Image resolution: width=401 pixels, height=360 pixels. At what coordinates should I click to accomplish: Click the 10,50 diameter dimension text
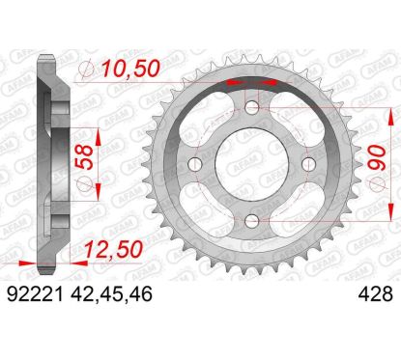(130, 69)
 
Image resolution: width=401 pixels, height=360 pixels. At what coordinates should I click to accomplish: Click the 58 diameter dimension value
(84, 157)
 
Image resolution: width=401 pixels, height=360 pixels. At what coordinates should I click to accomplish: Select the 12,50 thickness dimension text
(113, 249)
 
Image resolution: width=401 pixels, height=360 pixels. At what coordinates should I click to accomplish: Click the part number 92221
(35, 294)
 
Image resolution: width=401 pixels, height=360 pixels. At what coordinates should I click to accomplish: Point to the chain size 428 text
(376, 294)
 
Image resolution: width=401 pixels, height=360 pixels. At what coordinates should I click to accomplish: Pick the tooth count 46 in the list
(139, 294)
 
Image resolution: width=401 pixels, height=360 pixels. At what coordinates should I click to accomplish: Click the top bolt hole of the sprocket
(252, 107)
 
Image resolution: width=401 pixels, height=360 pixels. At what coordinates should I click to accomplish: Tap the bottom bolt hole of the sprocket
(252, 221)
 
